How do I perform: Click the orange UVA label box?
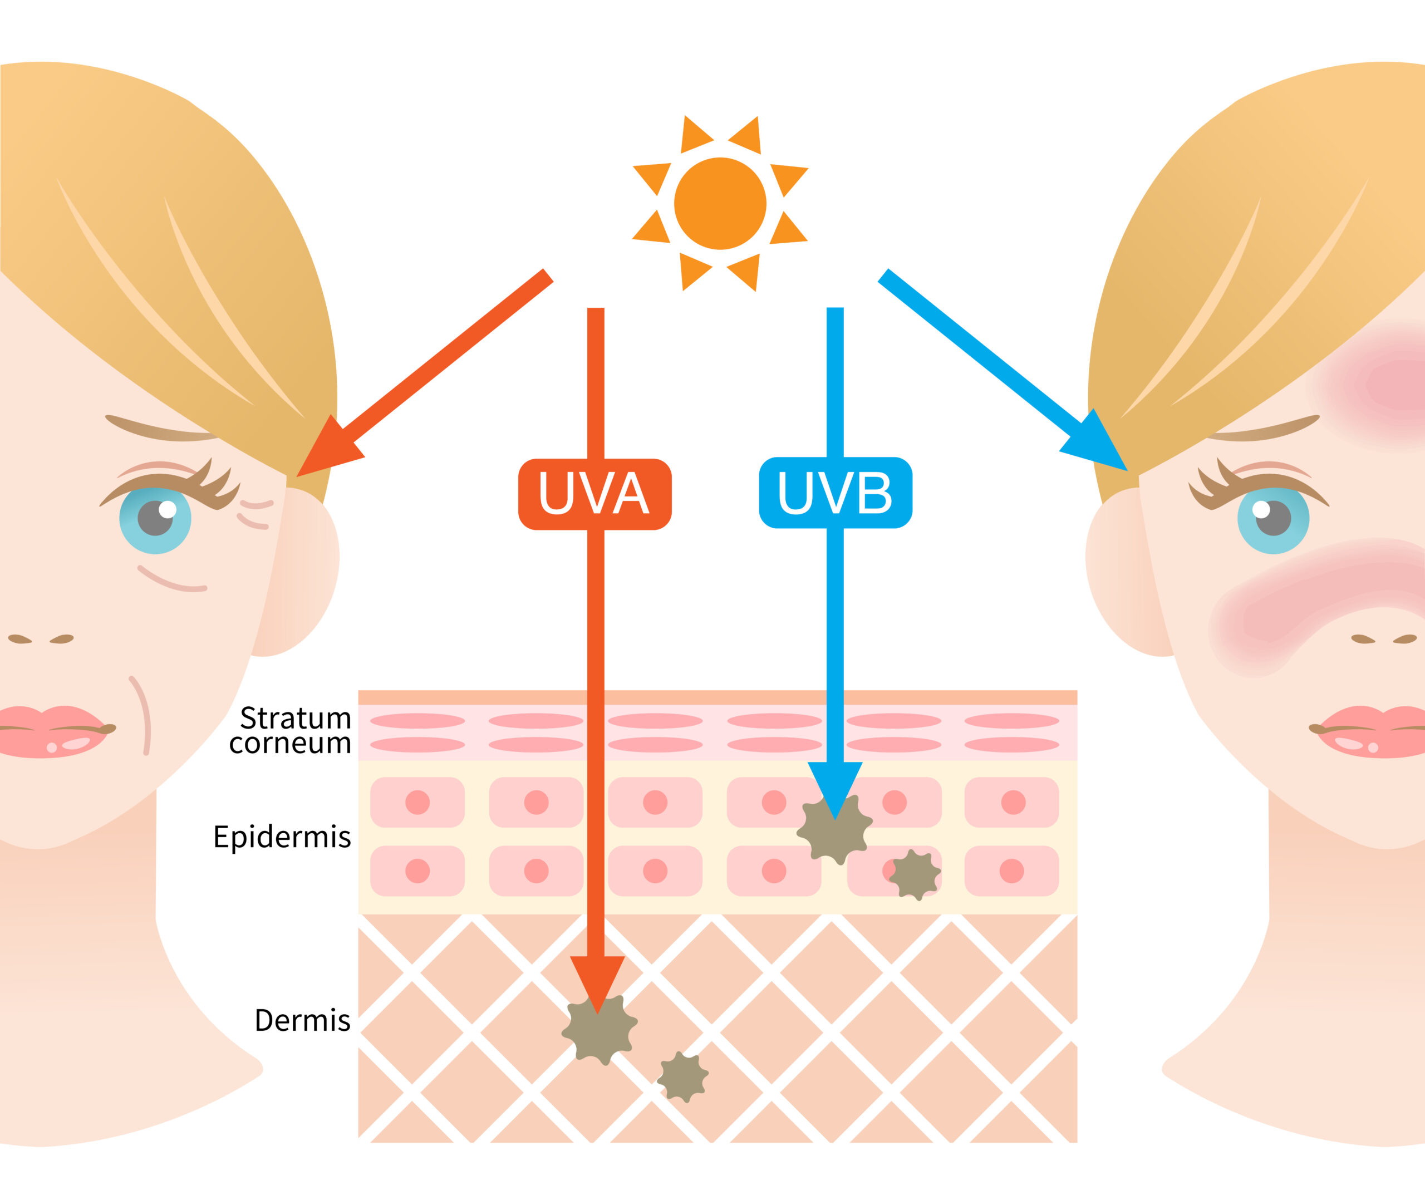[594, 494]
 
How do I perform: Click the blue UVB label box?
[836, 493]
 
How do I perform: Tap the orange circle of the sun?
[720, 204]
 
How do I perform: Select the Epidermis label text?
[282, 837]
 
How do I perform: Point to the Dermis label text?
[303, 1020]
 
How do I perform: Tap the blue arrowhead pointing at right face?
[1098, 445]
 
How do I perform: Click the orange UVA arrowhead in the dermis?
[597, 981]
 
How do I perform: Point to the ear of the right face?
[1123, 570]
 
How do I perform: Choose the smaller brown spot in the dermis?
[682, 1076]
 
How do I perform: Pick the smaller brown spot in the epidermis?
[915, 875]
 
